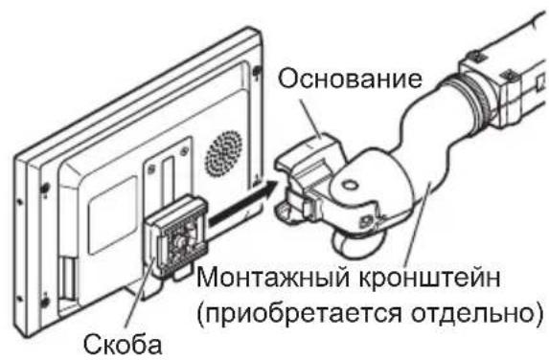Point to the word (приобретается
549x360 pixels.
pyautogui.click(x=306, y=313)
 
